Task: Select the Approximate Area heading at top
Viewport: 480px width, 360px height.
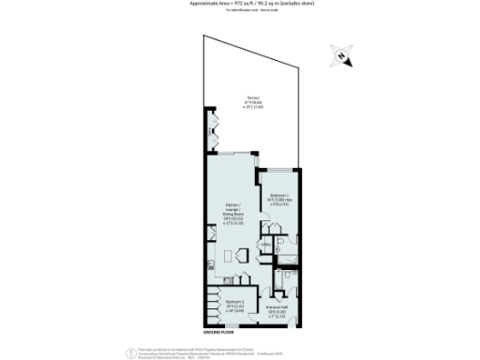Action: [x=239, y=4]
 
